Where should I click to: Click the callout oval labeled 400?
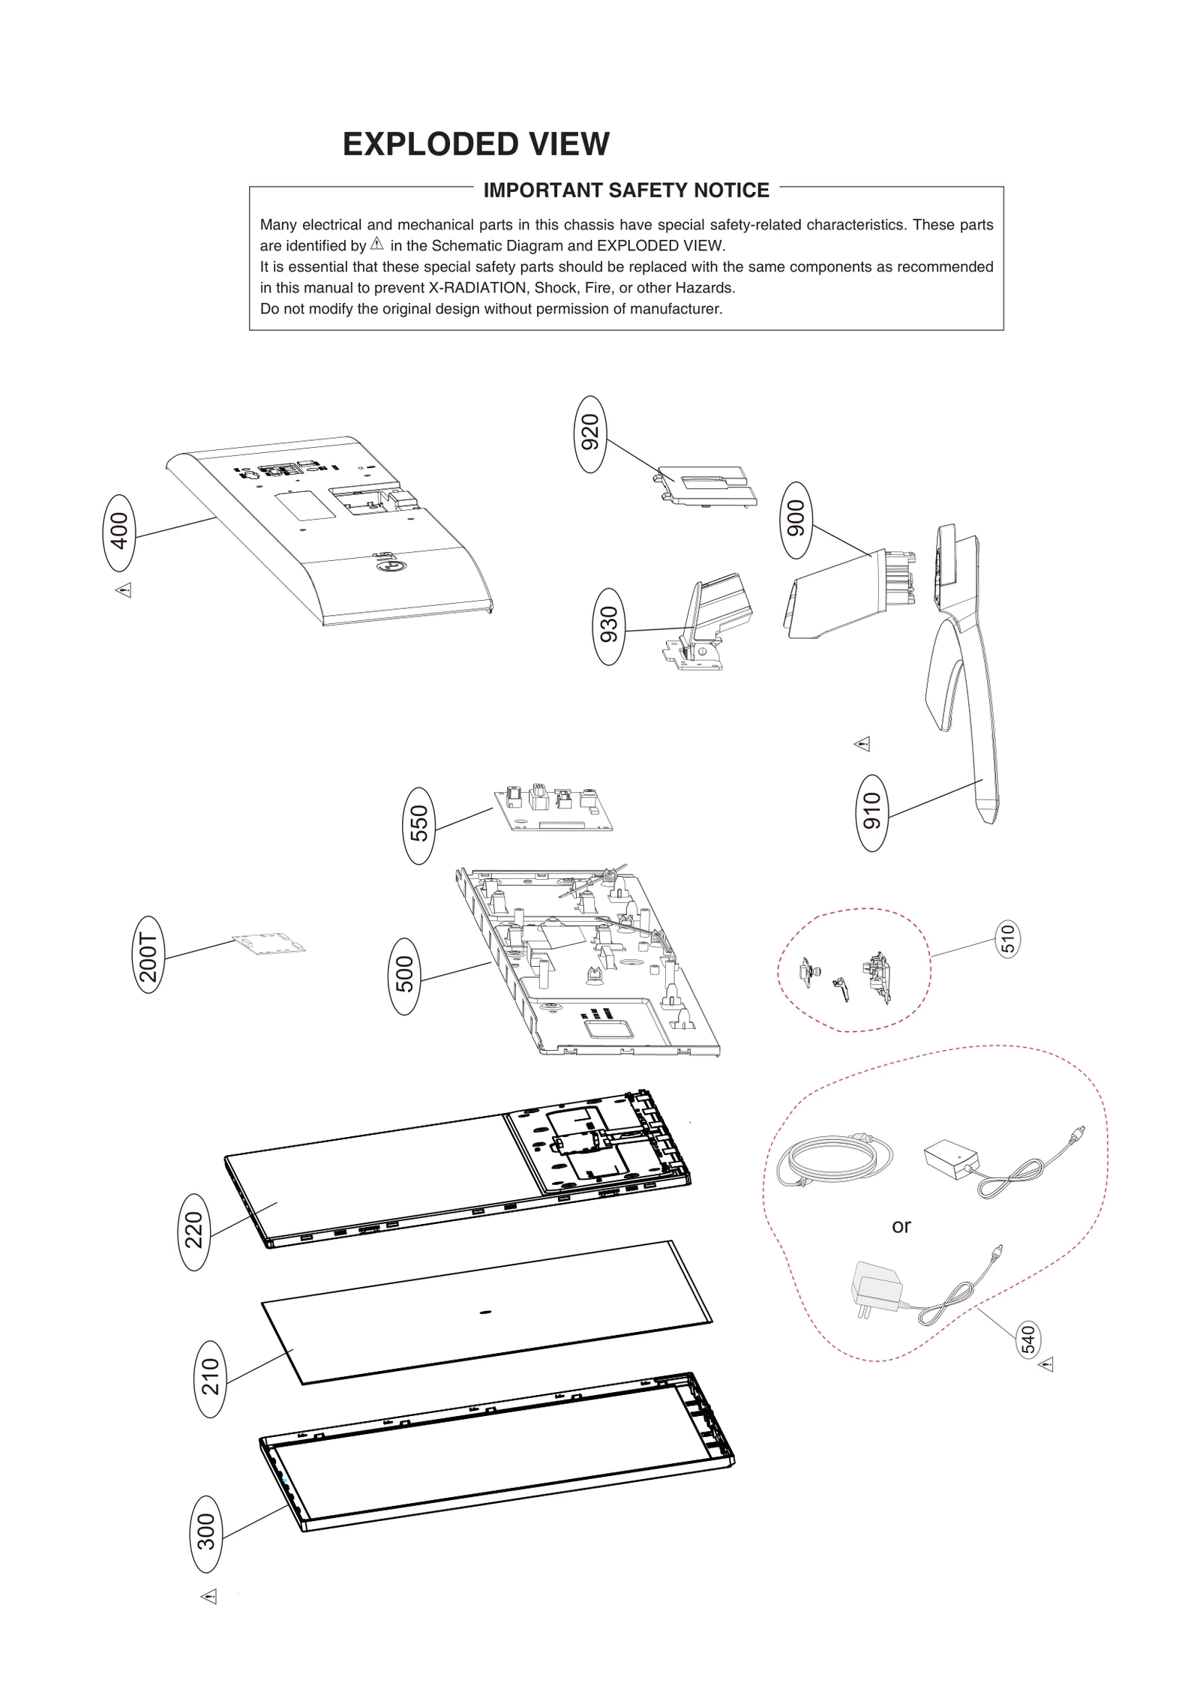118,532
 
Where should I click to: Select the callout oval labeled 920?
591,433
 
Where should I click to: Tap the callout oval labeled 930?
609,626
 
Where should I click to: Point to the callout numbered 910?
871,812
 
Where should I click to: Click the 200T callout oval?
148,954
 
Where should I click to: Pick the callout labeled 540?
1029,1339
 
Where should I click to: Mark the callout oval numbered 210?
211,1378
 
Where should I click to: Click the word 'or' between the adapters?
901,1226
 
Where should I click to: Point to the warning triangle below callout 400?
124,590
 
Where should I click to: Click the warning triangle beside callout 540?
1046,1364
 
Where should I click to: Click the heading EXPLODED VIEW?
475,144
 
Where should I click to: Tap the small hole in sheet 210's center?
484,1312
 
